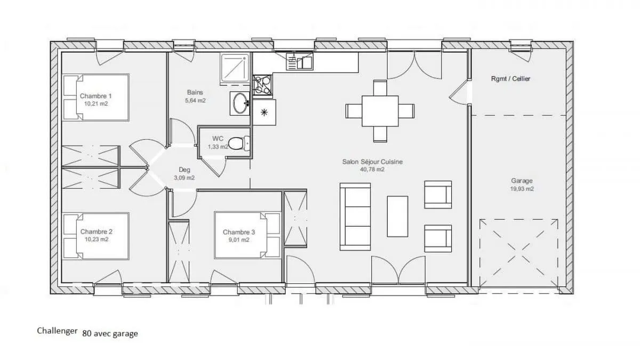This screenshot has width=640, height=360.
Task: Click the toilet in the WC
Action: click(x=239, y=143)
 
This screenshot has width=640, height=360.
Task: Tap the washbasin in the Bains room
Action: click(x=239, y=103)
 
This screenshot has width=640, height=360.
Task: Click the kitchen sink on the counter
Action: click(x=300, y=61)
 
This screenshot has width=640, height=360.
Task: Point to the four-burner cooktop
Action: click(x=262, y=85)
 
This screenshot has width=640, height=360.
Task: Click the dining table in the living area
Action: click(x=380, y=111)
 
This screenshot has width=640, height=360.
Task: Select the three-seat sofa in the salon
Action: click(x=355, y=217)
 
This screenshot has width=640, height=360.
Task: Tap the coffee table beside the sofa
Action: click(x=397, y=217)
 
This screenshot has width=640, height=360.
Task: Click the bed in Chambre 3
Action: click(x=247, y=235)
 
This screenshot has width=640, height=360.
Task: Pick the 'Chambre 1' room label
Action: click(x=95, y=96)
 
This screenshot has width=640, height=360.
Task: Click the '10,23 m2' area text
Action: click(x=97, y=239)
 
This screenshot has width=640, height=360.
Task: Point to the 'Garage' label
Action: click(x=522, y=181)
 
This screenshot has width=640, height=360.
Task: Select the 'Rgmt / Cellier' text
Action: click(x=510, y=78)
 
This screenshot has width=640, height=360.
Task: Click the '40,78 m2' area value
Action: click(x=372, y=169)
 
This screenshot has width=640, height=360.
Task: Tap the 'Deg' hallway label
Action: click(x=185, y=170)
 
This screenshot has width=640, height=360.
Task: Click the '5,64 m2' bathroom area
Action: click(x=195, y=100)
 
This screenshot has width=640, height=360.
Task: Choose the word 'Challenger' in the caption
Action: click(x=57, y=331)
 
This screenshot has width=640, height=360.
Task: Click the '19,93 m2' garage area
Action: click(x=522, y=189)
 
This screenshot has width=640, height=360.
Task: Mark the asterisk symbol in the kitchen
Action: click(x=265, y=113)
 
